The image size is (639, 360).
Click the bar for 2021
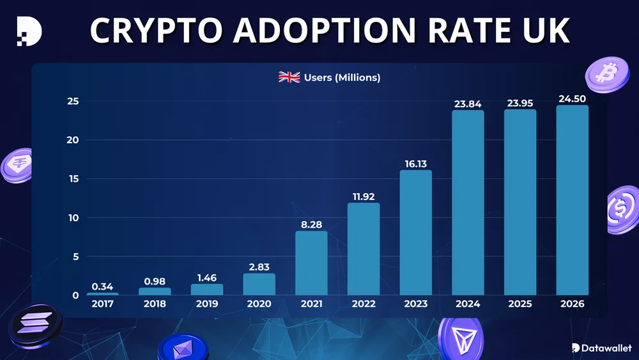(x=311, y=263)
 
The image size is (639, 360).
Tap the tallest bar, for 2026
(x=572, y=200)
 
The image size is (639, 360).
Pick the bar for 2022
(x=364, y=249)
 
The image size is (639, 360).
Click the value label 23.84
(x=468, y=104)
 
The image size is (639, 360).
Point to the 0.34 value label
(x=102, y=286)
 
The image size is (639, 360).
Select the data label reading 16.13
(x=416, y=164)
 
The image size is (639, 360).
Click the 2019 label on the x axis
(x=206, y=304)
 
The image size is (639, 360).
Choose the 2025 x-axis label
(x=520, y=304)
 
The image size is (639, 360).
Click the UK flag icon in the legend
(x=289, y=77)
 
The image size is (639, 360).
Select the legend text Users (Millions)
(x=342, y=77)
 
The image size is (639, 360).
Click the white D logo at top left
(x=29, y=30)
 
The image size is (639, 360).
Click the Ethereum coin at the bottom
(x=183, y=348)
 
